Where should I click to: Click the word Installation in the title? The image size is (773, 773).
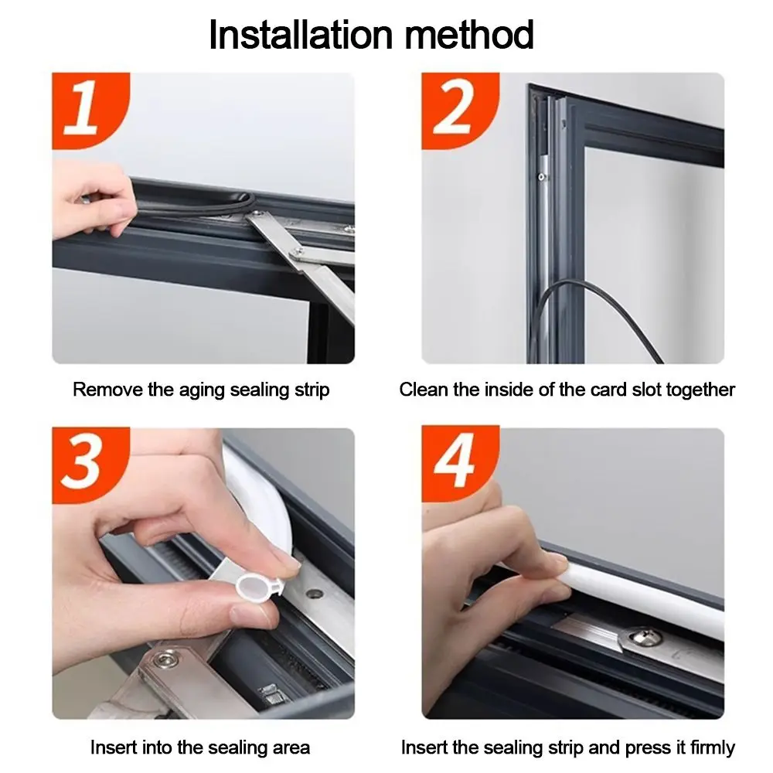(301, 35)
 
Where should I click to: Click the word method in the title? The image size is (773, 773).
(469, 35)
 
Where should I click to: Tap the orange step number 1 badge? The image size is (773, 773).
(89, 110)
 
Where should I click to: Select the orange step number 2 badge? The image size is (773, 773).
(458, 110)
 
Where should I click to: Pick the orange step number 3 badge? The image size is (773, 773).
(89, 465)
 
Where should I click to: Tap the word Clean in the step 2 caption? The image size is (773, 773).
(424, 390)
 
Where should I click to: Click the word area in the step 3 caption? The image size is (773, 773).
(291, 747)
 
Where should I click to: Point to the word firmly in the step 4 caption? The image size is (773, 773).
(713, 748)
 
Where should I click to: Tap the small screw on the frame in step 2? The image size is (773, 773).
(542, 176)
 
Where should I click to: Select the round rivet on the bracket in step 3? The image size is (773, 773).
(165, 658)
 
